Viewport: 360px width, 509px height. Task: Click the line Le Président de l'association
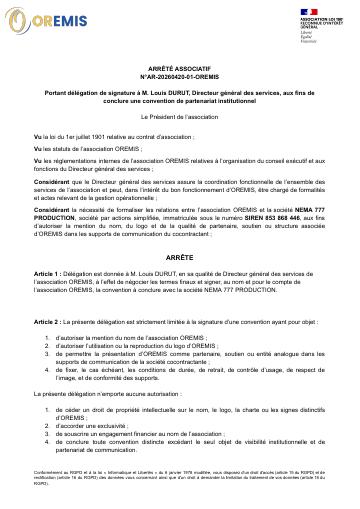[x=180, y=116]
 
